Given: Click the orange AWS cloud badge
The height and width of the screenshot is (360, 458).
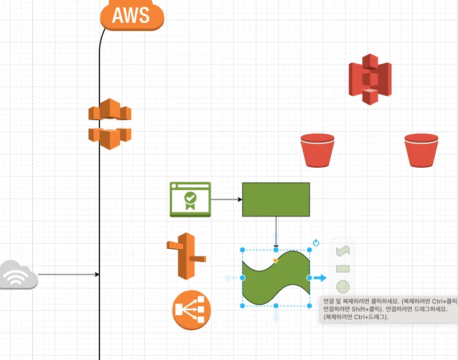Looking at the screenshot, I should click(x=132, y=15).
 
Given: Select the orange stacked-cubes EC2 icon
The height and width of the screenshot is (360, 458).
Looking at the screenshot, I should click(x=109, y=124).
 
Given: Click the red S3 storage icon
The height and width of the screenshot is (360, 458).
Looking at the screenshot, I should click(x=370, y=79).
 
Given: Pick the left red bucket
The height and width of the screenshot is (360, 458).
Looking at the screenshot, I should click(x=317, y=150).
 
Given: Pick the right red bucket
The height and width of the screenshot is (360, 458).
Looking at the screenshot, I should click(x=421, y=150).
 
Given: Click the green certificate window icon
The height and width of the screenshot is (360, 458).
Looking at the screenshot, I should click(x=190, y=199).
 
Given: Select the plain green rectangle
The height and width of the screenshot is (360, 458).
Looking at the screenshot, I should click(x=276, y=199).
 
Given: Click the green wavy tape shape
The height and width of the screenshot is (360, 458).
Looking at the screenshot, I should click(x=276, y=278).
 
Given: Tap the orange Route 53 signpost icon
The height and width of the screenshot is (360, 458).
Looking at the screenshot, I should click(x=186, y=256).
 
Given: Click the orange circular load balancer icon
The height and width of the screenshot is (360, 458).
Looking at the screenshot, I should click(x=192, y=310).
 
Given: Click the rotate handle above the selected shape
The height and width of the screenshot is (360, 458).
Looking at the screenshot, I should click(x=316, y=243).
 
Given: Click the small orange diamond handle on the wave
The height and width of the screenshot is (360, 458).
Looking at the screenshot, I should click(x=276, y=260).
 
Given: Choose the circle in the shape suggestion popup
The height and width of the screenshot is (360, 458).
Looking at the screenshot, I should click(x=343, y=287).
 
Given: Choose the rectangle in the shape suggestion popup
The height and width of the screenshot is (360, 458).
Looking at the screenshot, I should click(x=343, y=269).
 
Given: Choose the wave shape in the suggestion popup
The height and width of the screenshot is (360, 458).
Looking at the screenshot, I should click(x=343, y=251).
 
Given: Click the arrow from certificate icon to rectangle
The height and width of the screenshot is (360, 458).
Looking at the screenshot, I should click(x=226, y=199).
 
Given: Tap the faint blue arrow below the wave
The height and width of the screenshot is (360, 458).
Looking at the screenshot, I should click(x=276, y=316).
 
